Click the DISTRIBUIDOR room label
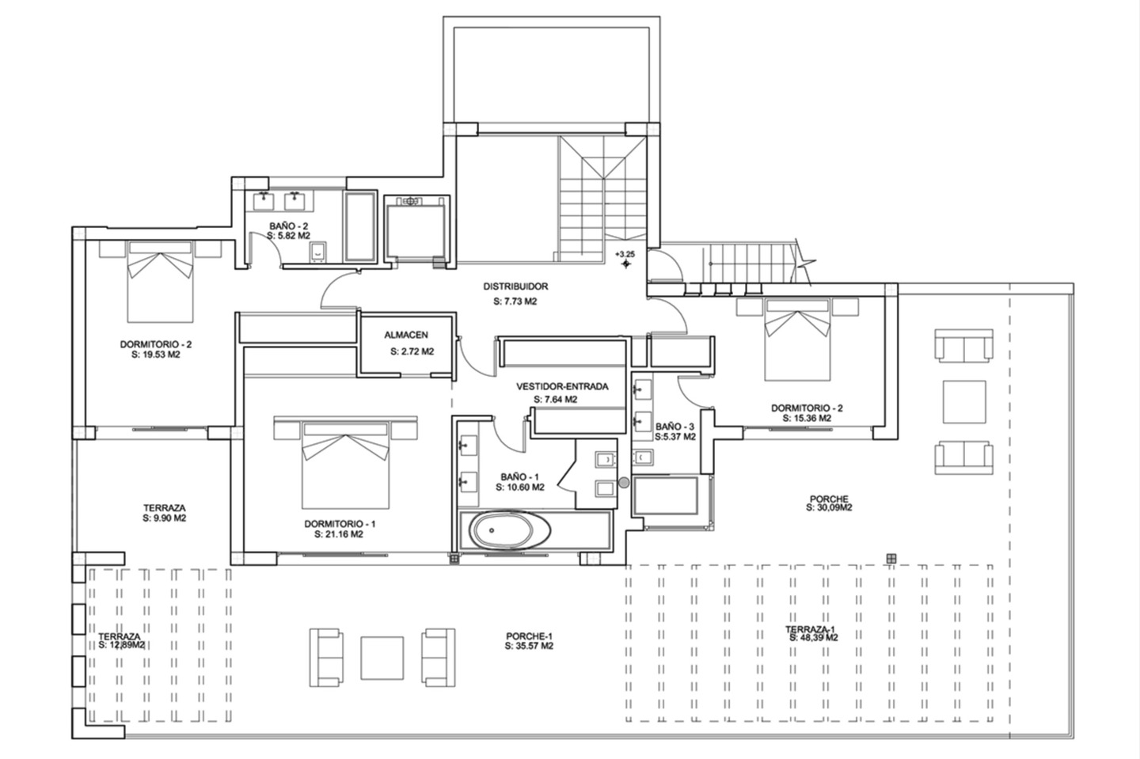(515, 287)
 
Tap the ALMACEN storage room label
(406, 335)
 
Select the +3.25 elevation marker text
(625, 254)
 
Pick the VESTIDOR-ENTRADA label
(562, 386)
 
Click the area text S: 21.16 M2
(339, 534)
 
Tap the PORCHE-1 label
(530, 636)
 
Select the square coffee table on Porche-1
(382, 658)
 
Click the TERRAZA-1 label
(810, 629)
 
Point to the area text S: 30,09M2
(829, 507)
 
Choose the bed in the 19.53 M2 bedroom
(160, 281)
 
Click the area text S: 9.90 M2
(165, 518)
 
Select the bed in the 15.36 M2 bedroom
(797, 340)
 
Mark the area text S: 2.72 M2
(412, 351)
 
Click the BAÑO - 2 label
(288, 226)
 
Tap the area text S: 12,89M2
(122, 645)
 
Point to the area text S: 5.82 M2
(288, 236)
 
